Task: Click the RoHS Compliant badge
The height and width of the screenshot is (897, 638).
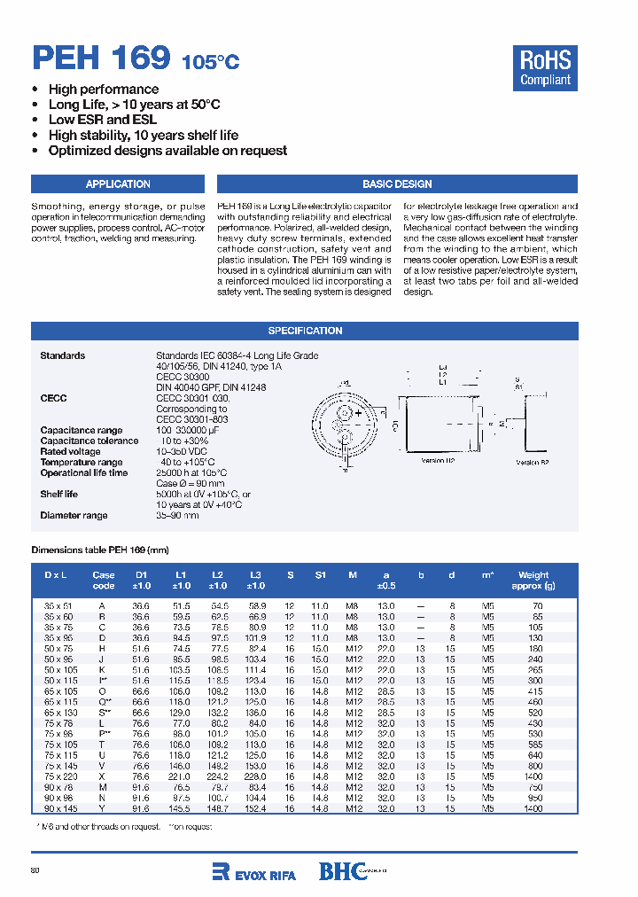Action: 545,68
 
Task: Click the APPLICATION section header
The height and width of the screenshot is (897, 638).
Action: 118,184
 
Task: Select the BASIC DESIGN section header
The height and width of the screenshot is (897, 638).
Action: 397,184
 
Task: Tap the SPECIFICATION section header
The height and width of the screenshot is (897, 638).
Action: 305,331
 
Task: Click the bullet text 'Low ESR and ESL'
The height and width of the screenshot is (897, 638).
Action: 103,120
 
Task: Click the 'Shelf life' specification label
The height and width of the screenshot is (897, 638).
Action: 58,494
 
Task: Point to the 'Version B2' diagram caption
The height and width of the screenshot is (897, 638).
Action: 533,462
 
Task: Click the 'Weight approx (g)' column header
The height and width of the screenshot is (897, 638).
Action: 533,580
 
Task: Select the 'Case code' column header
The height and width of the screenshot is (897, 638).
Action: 104,580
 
